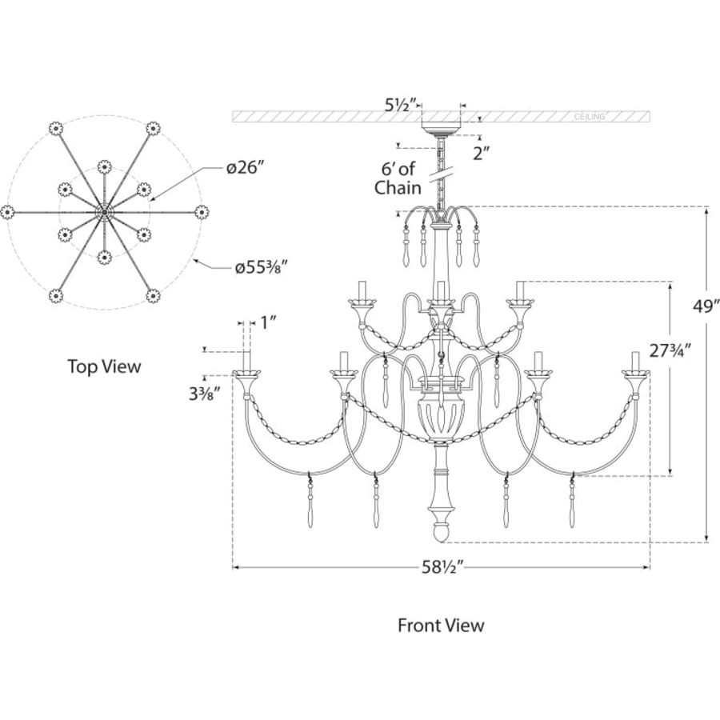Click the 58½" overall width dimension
[x=441, y=568]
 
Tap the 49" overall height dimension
[x=706, y=306]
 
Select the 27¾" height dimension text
[x=670, y=351]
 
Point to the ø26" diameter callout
[x=246, y=168]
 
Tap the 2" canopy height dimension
[x=482, y=154]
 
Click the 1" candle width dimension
[x=268, y=323]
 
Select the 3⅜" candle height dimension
[x=202, y=394]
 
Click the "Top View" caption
[x=104, y=366]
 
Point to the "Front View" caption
[x=441, y=626]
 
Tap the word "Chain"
[x=398, y=187]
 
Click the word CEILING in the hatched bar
[x=589, y=117]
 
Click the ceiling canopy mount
[x=442, y=128]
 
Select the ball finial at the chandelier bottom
[x=442, y=534]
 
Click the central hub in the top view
[x=105, y=212]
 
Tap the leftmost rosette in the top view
[x=7, y=212]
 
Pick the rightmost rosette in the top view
[x=202, y=212]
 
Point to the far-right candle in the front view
[x=635, y=362]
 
